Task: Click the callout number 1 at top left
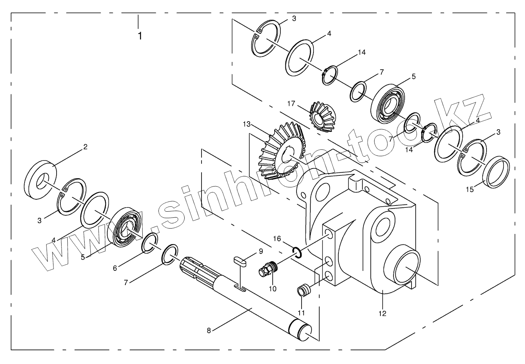click(140, 36)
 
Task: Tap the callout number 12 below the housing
click(382, 313)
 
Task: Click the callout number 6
click(115, 268)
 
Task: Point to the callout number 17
click(291, 104)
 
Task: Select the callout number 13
click(247, 124)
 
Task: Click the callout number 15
click(470, 190)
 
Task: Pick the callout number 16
click(277, 239)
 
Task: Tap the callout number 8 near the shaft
click(209, 330)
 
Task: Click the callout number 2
click(85, 147)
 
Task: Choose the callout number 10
click(273, 289)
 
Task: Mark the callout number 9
click(261, 251)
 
